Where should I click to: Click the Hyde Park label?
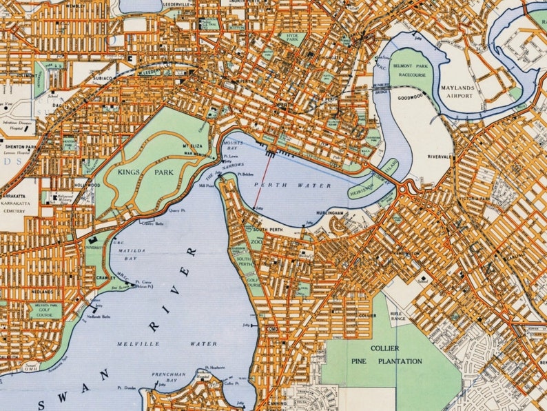[293, 38]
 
